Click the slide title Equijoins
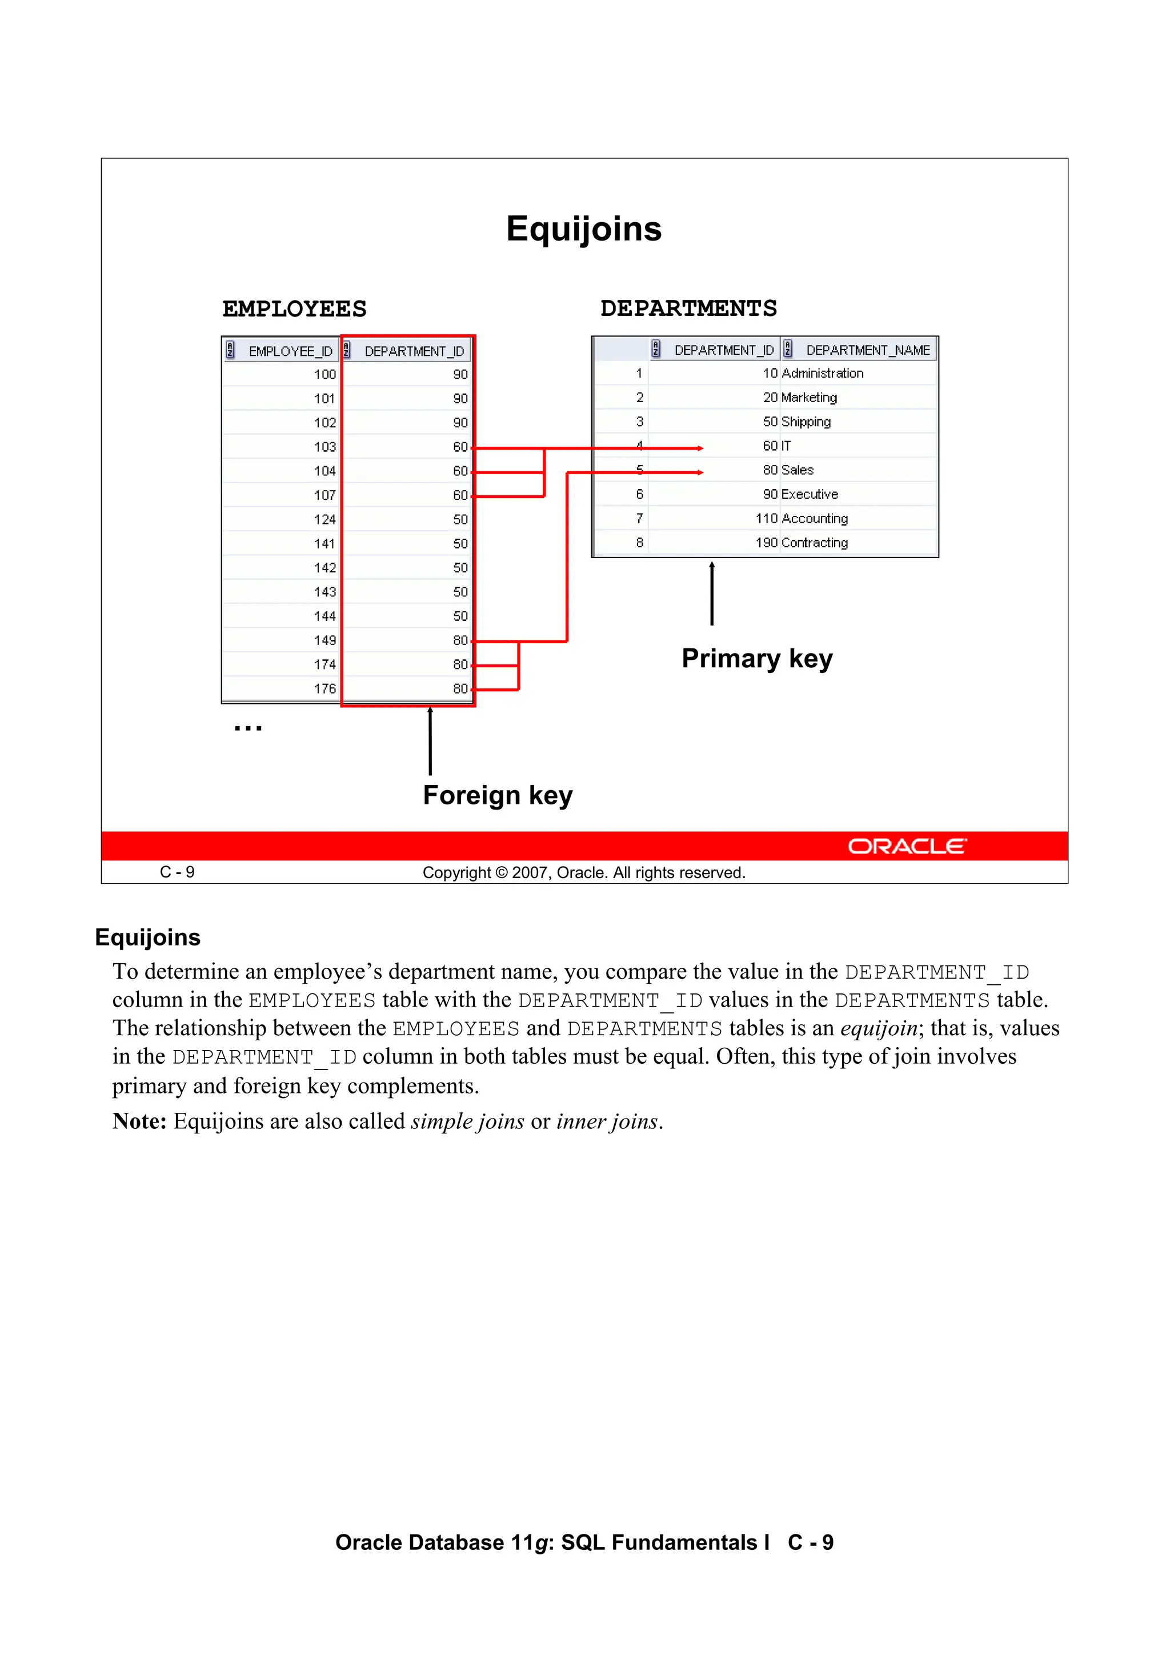(583, 229)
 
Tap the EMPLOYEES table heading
(294, 309)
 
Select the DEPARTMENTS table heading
(688, 308)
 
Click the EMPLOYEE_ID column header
(290, 351)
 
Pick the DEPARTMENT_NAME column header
(867, 350)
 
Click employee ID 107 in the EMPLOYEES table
(324, 495)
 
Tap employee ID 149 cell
(324, 640)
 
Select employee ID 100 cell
(324, 374)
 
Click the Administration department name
(822, 374)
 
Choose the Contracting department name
(814, 543)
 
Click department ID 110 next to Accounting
(766, 518)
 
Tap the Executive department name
(809, 495)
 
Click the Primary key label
(756, 659)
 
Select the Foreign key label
(498, 795)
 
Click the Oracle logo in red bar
(906, 846)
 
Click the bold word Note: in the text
(139, 1121)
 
